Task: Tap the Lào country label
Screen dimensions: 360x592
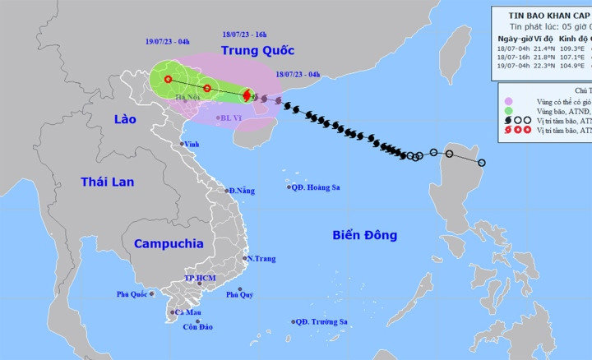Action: [125, 120]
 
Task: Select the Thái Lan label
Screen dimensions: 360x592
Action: [107, 182]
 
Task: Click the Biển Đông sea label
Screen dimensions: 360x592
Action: [365, 235]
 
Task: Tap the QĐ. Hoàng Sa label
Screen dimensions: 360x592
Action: [317, 187]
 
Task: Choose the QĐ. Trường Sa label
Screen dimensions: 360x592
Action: [324, 321]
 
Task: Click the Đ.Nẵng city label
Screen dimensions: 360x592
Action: [242, 191]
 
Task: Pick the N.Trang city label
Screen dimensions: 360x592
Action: [261, 259]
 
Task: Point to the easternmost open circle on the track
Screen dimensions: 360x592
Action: [482, 163]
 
